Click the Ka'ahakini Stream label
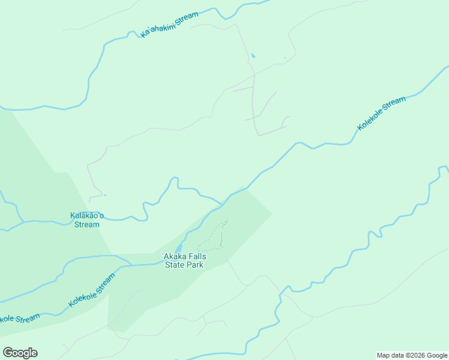click(x=169, y=25)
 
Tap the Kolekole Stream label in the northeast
click(x=382, y=113)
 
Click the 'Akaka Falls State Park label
click(x=185, y=260)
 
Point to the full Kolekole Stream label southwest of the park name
click(x=91, y=290)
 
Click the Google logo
click(x=20, y=352)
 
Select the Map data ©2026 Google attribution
click(x=412, y=355)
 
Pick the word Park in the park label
click(x=196, y=265)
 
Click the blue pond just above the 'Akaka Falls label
click(x=178, y=248)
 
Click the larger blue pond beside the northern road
click(x=253, y=56)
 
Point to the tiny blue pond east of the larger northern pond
click(x=285, y=58)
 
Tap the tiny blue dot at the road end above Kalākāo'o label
click(x=105, y=194)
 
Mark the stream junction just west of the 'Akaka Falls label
click(x=131, y=264)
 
